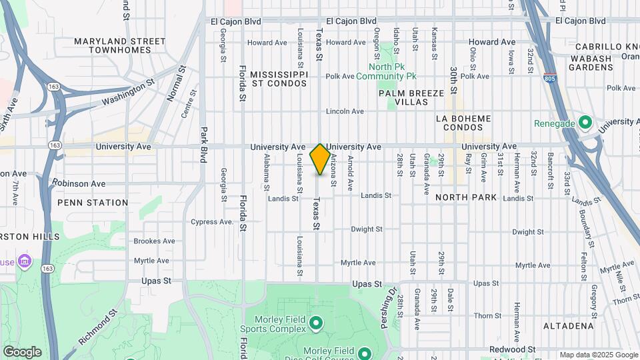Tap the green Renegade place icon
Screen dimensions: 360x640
click(585, 123)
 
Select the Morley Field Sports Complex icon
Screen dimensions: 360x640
click(316, 324)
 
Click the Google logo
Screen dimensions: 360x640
click(22, 352)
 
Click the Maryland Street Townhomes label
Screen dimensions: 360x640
click(120, 45)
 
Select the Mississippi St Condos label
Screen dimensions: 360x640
click(279, 78)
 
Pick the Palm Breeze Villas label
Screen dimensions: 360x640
click(411, 98)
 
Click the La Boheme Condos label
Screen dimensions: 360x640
click(463, 123)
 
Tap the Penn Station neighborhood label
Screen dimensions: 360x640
click(93, 203)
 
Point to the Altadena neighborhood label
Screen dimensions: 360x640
click(568, 326)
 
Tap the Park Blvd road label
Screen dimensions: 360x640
click(204, 145)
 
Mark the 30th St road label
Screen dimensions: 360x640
click(453, 80)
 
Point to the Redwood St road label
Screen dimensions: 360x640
click(513, 349)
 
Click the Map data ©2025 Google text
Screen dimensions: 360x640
click(598, 355)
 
